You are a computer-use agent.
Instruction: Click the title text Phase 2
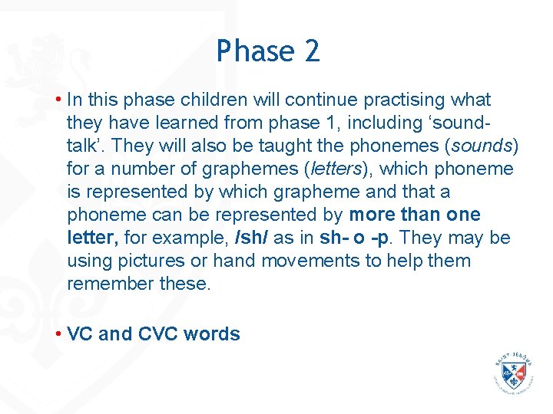[x=267, y=51]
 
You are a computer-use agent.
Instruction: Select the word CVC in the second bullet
[x=157, y=334]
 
